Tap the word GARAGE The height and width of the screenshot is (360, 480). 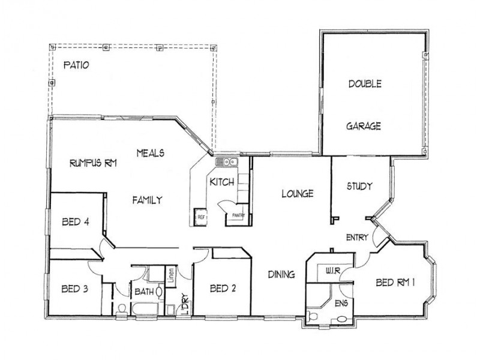364,127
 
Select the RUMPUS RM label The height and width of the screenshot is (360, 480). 92,163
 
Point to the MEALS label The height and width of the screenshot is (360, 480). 150,152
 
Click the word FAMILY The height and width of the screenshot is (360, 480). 147,200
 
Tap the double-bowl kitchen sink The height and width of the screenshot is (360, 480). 229,161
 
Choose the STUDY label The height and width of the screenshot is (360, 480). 359,186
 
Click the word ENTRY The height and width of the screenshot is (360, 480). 357,238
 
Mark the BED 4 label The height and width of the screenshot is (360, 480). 76,222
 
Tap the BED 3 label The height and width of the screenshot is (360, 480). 75,289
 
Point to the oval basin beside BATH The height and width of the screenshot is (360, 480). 160,292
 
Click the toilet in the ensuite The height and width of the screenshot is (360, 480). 313,316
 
